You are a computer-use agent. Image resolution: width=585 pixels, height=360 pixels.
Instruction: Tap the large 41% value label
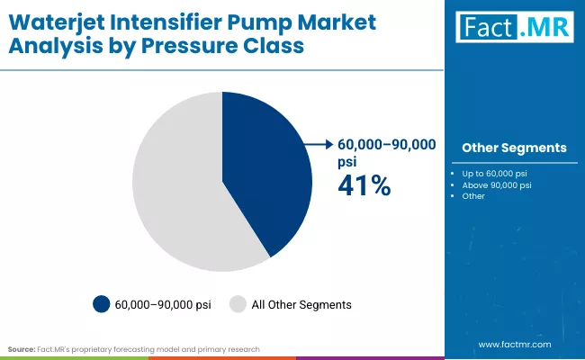point(364,185)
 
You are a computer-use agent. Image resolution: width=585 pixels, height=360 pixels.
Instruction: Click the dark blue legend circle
point(102,304)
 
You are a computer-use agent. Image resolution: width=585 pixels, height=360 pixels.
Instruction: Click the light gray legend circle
point(239,304)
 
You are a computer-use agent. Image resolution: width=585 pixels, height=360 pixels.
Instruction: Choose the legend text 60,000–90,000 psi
point(162,305)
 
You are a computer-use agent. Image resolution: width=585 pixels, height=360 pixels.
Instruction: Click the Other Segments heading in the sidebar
point(514,148)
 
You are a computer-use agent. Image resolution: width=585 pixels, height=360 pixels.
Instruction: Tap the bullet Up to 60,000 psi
point(495,173)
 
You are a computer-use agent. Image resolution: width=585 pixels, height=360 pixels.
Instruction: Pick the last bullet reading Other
point(473,196)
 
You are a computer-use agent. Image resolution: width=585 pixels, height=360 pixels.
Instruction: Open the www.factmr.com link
point(514,345)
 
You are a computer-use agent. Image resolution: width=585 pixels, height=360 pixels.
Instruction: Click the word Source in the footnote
point(21,348)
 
